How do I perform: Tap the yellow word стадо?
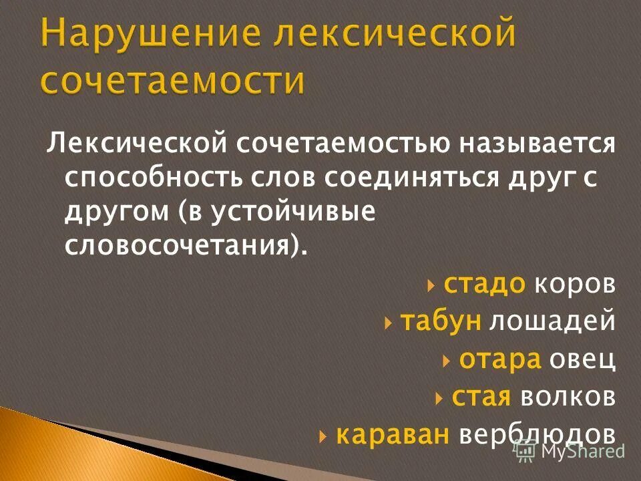(x=485, y=285)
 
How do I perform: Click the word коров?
(x=574, y=285)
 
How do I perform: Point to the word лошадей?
(x=552, y=322)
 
